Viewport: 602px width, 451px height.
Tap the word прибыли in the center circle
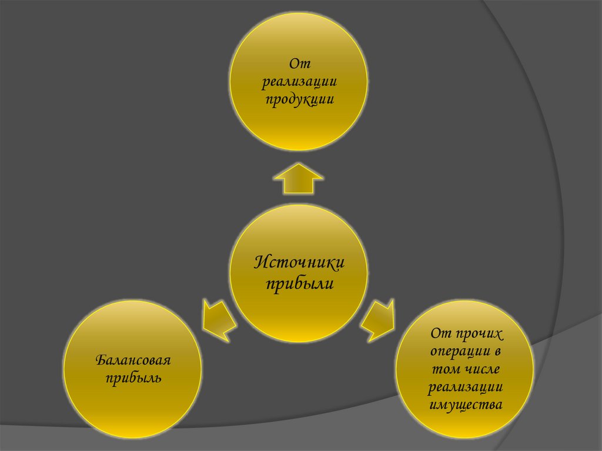pyautogui.click(x=299, y=284)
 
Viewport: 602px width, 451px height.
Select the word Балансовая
pyautogui.click(x=133, y=359)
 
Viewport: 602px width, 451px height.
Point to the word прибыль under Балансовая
pyautogui.click(x=133, y=377)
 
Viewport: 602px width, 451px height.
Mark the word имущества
pyautogui.click(x=465, y=405)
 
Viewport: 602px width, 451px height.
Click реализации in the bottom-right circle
pyautogui.click(x=465, y=387)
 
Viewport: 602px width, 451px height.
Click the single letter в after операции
pyautogui.click(x=497, y=352)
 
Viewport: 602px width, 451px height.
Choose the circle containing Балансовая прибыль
pyautogui.click(x=133, y=369)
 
